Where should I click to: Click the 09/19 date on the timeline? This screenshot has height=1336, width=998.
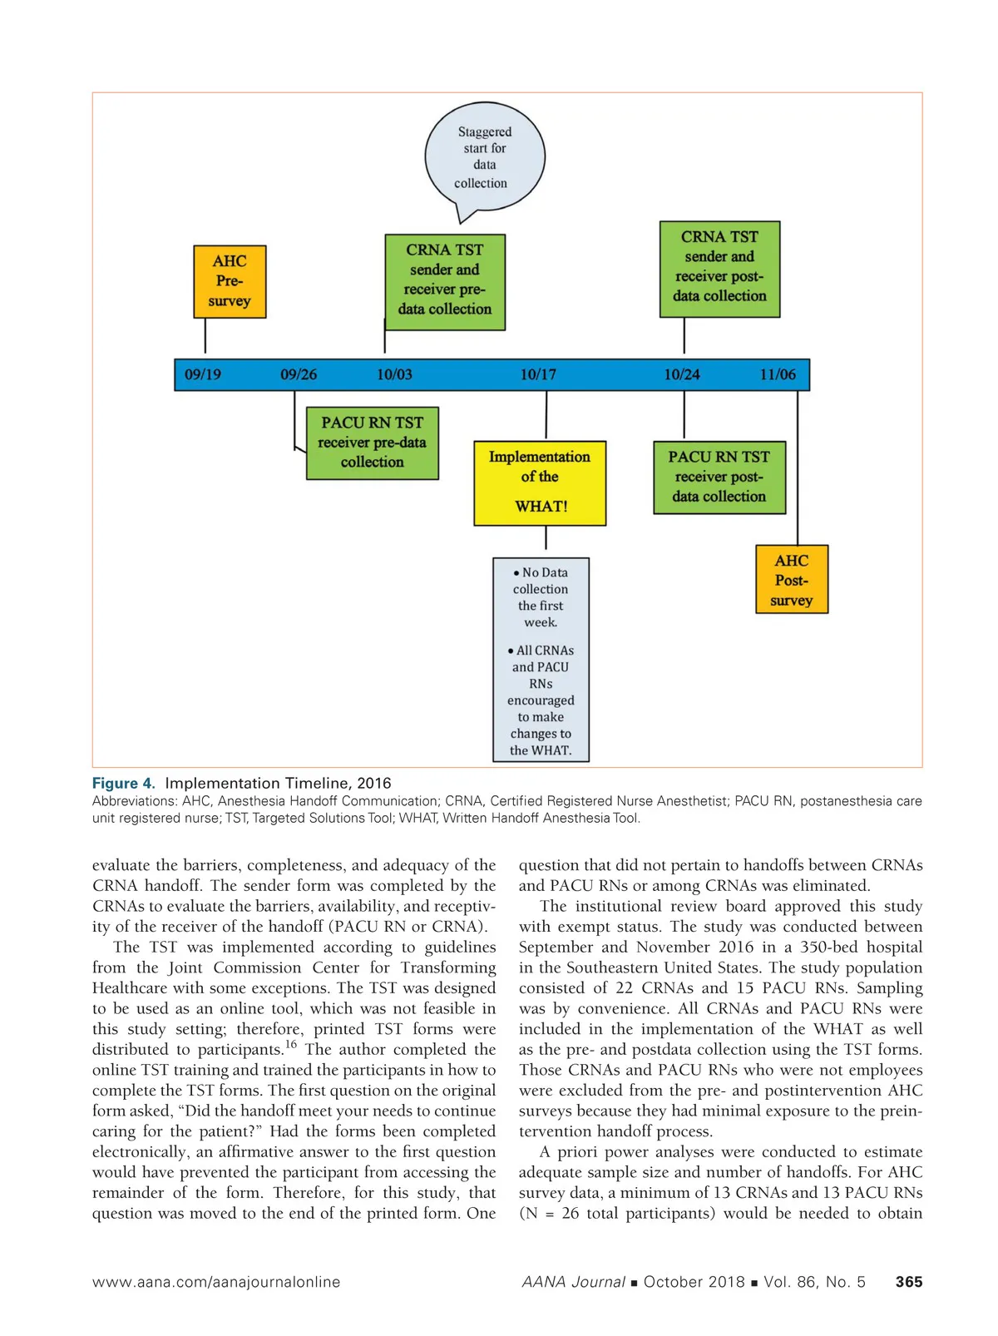[203, 374]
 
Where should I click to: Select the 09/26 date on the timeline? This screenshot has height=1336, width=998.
[299, 374]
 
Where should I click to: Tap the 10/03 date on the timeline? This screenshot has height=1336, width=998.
[394, 374]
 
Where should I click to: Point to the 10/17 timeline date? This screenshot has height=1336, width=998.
[538, 374]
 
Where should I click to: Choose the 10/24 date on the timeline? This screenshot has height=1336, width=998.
[682, 374]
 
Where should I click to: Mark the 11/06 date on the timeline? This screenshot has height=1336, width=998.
[778, 374]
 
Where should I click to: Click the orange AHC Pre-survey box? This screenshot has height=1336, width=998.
[230, 281]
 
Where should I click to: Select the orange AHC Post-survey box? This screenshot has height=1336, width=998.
[792, 580]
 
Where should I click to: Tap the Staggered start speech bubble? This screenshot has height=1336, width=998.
[484, 157]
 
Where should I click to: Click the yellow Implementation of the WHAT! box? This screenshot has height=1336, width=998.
[540, 482]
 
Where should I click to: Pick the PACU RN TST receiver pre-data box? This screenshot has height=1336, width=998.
[372, 443]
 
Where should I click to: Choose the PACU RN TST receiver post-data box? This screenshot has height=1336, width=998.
[719, 477]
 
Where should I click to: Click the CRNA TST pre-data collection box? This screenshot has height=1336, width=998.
[445, 281]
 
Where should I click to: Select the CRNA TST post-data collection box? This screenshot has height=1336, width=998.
[719, 268]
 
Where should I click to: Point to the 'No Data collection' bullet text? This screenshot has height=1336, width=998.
[541, 597]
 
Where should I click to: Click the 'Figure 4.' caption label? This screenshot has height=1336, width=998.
[123, 783]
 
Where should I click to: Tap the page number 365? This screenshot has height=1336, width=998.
[909, 1282]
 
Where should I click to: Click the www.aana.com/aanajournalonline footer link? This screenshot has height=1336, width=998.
[216, 1282]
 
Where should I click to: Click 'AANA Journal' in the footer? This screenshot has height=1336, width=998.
[573, 1282]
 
